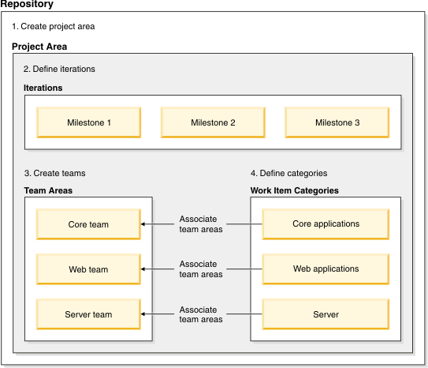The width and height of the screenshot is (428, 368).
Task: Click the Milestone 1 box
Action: [88, 122]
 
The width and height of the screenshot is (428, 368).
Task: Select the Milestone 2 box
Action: [213, 122]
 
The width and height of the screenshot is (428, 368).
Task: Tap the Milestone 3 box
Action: [337, 122]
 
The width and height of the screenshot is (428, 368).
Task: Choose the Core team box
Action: [88, 224]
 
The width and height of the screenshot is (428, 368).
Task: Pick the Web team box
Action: [88, 269]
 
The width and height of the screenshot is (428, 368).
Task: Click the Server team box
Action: [88, 314]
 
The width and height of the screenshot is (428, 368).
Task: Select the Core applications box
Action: [326, 224]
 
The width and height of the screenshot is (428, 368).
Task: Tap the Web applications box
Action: [326, 269]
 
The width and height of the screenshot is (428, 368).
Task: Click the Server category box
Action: [326, 314]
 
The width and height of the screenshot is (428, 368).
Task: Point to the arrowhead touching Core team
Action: [144, 224]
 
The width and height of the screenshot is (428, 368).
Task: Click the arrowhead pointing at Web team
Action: [144, 269]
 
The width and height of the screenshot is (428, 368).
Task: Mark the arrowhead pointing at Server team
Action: [144, 314]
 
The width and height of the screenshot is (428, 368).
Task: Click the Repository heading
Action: [28, 5]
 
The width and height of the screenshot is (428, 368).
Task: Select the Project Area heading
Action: [39, 47]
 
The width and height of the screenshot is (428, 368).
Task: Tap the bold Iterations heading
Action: [43, 88]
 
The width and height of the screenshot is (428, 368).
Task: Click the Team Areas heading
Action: [48, 190]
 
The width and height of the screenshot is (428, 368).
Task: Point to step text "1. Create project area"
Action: [53, 27]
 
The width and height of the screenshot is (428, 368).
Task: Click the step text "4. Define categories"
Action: [288, 173]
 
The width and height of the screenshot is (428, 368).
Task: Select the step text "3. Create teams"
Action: [54, 173]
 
